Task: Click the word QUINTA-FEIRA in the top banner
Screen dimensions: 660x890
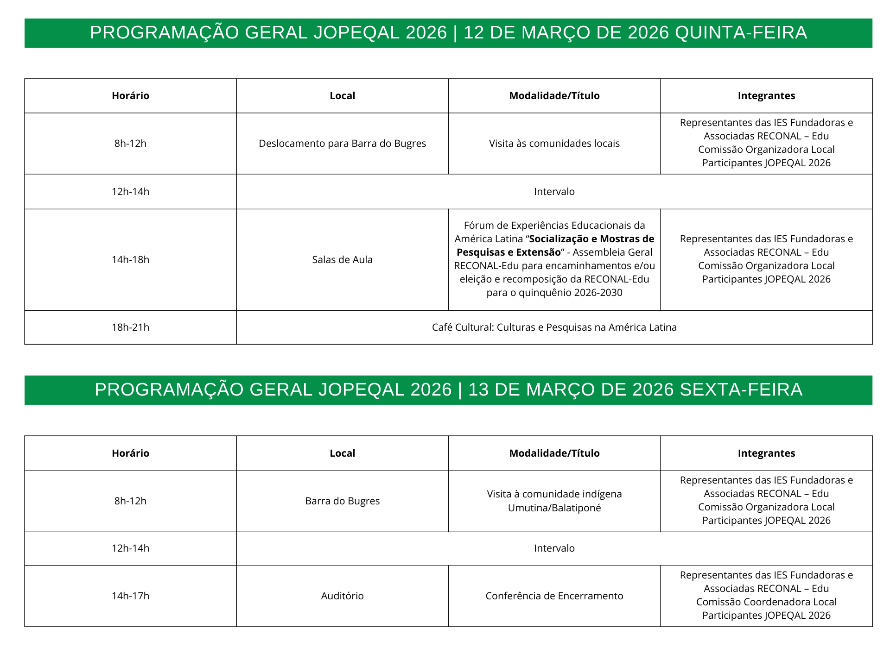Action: tap(741, 33)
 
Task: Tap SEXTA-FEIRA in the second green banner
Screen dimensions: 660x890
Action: tap(741, 390)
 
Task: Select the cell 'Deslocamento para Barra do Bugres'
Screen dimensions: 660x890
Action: tap(342, 144)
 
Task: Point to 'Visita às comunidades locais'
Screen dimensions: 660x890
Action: tap(554, 144)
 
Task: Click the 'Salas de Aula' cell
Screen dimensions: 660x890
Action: tap(342, 260)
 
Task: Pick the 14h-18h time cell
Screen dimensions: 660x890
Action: tap(130, 260)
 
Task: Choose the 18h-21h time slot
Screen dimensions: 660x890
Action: tap(130, 327)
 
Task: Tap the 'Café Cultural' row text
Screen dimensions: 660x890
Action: tap(554, 327)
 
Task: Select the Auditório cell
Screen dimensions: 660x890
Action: tap(342, 596)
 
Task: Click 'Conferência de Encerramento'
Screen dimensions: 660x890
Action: tap(554, 596)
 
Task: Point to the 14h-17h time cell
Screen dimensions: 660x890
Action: tap(130, 596)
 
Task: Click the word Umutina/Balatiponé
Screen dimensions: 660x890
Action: tap(554, 508)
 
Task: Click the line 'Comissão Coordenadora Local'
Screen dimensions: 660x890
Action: tap(766, 602)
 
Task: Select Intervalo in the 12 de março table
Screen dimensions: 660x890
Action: tap(554, 192)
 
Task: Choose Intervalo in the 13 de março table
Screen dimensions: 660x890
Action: tap(554, 548)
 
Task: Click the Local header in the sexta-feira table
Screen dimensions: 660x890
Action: tap(342, 453)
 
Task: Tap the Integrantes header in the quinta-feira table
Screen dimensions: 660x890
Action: tap(766, 96)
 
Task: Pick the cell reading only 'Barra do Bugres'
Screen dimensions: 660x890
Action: tap(342, 501)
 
